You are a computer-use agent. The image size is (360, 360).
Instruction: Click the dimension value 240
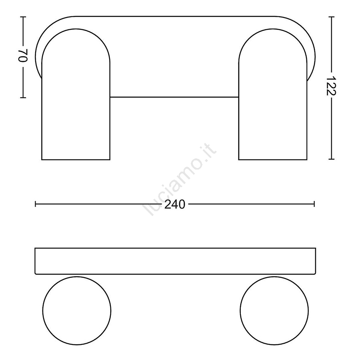point(175,204)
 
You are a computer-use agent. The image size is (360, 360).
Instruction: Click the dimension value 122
point(331,86)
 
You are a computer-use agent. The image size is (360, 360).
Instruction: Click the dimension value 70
point(23,55)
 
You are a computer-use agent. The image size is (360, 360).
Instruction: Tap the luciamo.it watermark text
point(180,180)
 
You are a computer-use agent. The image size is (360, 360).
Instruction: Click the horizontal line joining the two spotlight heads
point(174,97)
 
